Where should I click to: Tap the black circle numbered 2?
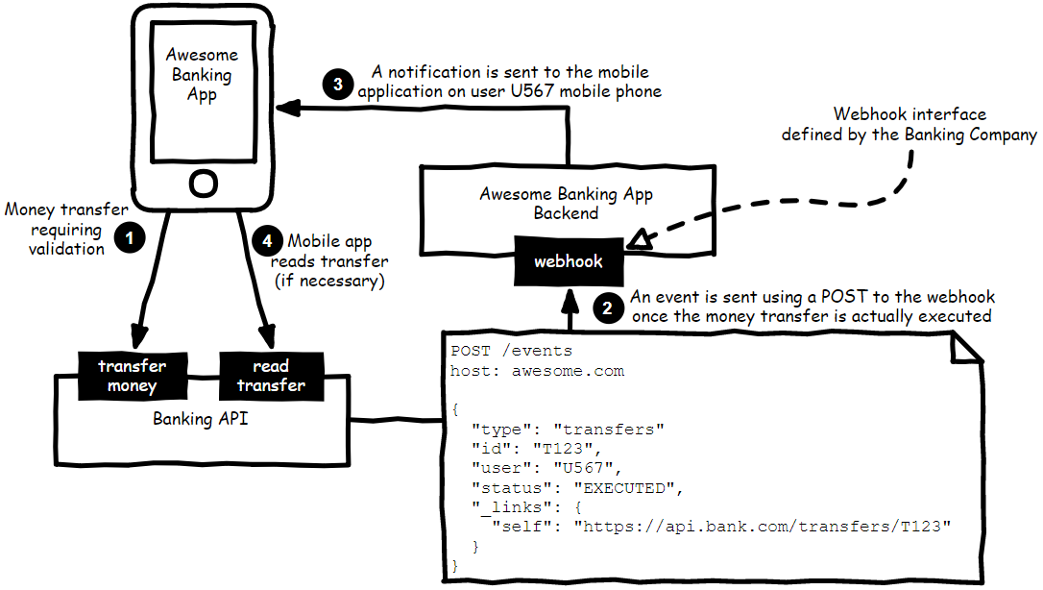point(607,308)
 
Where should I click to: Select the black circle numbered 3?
point(337,85)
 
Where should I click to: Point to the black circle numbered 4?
point(268,241)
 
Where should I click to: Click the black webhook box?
point(569,260)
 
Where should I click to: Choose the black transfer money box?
point(132,376)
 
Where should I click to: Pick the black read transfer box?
point(271,376)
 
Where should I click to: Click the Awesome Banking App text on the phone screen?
point(202,75)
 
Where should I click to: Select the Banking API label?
point(201,419)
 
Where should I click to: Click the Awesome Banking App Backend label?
point(566,203)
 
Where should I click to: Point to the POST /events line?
point(511,351)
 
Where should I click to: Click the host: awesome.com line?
point(537,370)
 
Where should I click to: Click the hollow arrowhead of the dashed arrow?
point(642,239)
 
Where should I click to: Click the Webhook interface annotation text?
point(909,124)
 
